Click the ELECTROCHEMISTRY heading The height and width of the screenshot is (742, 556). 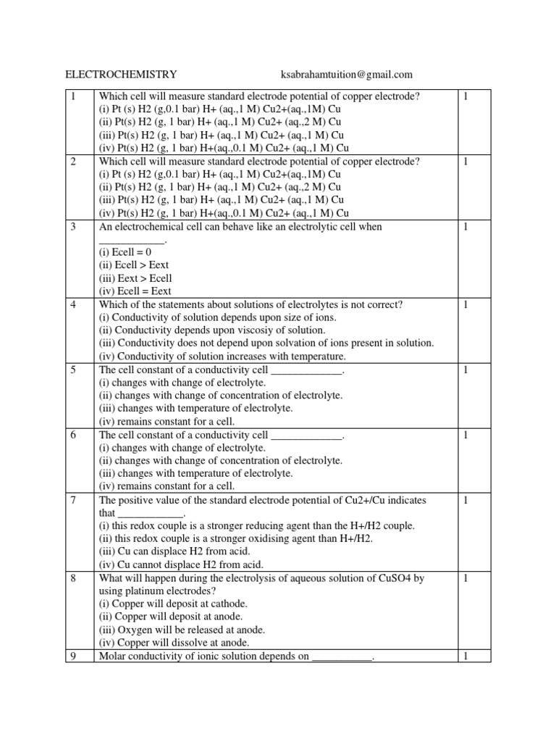pos(122,74)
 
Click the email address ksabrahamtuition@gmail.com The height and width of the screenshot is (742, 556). pos(346,74)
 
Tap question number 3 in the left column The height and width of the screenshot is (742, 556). pos(73,227)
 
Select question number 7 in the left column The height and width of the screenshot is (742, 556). pos(73,501)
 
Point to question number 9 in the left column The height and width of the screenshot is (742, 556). pos(73,656)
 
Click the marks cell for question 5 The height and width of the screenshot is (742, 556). pos(467,370)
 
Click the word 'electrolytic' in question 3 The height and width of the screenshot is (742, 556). pos(313,227)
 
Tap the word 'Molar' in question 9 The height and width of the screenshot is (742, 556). pos(112,656)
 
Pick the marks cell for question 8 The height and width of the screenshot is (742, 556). pos(467,578)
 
